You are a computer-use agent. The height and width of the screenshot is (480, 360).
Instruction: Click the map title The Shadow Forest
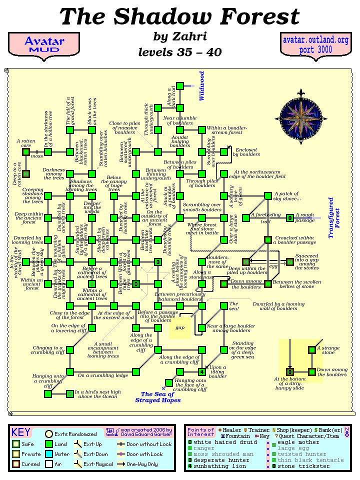tap(179, 16)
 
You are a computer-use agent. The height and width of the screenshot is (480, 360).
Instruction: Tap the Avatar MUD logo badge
tap(44, 45)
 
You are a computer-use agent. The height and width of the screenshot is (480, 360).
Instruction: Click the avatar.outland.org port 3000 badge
tap(315, 45)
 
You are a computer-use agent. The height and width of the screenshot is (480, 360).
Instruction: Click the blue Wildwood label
tap(202, 86)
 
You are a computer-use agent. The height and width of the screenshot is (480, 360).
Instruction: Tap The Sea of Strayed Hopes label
tap(160, 397)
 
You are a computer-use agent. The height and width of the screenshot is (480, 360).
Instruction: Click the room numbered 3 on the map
tap(157, 261)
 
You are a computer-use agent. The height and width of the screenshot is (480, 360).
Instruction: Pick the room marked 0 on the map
tap(135, 284)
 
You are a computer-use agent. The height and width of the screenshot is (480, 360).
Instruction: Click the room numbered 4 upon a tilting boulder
tap(201, 371)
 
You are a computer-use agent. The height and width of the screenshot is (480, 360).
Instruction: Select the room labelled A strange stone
tap(312, 349)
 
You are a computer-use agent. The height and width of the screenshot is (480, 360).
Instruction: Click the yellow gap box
tap(179, 328)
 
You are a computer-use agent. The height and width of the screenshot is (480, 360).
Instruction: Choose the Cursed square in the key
tap(16, 464)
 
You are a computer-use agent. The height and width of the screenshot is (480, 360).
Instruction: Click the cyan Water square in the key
tap(49, 454)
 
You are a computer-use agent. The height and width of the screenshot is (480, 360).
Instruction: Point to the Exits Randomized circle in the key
tap(49, 434)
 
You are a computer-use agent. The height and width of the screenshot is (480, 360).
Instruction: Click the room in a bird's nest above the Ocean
tap(69, 394)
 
